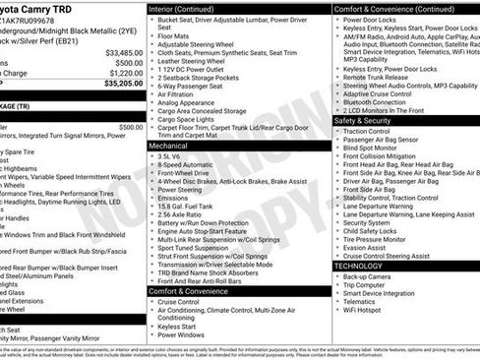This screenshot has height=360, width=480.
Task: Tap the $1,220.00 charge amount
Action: [126, 73]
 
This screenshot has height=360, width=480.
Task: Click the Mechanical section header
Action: [169, 145]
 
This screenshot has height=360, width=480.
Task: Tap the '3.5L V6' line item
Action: [168, 155]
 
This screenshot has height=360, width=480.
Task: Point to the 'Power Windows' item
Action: [179, 334]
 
